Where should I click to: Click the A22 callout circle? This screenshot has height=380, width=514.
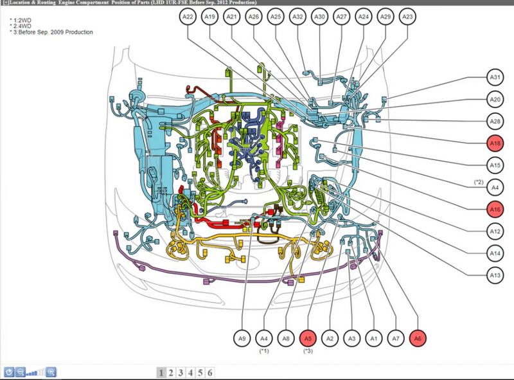188,17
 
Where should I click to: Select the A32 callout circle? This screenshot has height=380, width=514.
297,17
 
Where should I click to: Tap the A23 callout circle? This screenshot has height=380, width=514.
407,17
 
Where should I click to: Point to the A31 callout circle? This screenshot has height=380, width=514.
495,77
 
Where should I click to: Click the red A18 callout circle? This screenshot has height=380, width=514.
495,143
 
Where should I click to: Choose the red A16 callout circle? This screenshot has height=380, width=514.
495,210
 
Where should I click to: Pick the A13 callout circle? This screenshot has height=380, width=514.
495,275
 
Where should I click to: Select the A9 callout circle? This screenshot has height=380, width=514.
242,339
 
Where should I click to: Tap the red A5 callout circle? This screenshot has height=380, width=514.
308,339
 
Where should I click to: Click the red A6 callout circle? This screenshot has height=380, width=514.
418,339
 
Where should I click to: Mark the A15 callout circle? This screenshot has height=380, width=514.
495,165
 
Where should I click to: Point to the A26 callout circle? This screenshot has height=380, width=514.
253,17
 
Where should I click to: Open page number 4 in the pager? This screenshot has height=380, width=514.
190,373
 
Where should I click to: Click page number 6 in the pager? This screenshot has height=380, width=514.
210,373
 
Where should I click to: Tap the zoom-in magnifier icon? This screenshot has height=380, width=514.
51,372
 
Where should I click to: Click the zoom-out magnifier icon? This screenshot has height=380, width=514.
21,372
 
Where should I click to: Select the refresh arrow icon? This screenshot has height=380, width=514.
9,372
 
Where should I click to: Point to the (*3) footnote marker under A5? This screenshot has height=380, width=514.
308,351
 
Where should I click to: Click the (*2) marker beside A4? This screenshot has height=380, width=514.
479,182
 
